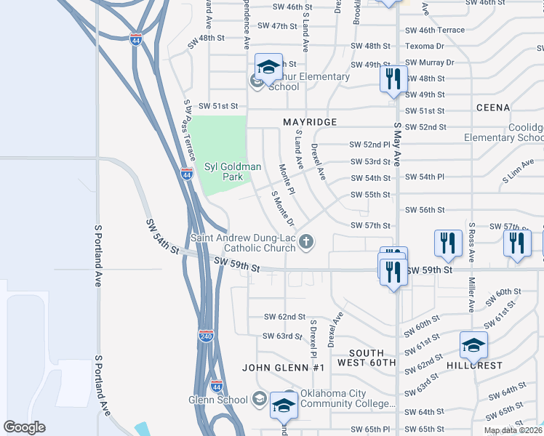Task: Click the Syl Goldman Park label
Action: point(232,171)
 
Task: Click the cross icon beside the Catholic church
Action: point(307,242)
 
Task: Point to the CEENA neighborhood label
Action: point(493,108)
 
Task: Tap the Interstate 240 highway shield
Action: point(205,336)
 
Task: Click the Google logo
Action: point(24,427)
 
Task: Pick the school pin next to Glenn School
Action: point(283,405)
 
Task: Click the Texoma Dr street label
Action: point(429,46)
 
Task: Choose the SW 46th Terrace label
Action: point(434,31)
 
